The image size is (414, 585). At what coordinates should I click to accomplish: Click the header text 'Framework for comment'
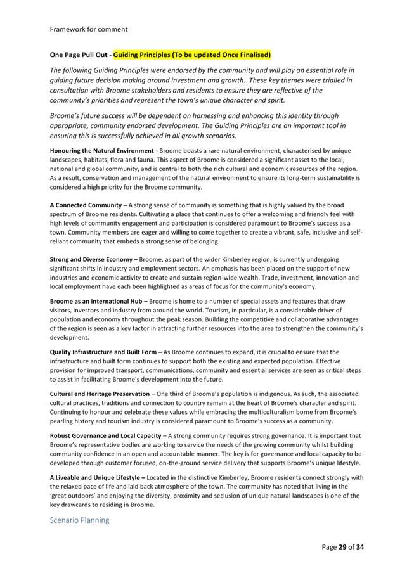[x=88, y=29]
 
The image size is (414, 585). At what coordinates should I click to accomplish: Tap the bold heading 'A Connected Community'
[x=88, y=205]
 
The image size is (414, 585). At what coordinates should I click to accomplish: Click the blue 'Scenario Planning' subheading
[x=79, y=520]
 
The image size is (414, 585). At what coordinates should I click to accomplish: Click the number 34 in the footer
[x=360, y=546]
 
